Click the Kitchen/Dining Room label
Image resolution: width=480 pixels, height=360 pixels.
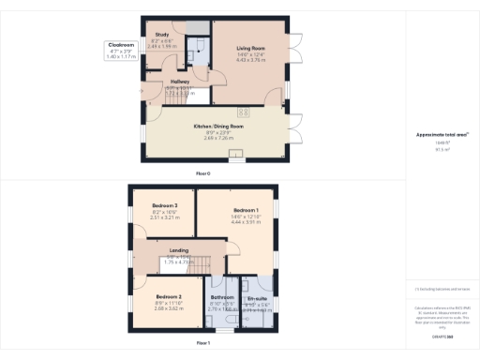pyautogui.click(x=217, y=126)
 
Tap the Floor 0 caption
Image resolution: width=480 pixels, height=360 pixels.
pyautogui.click(x=202, y=174)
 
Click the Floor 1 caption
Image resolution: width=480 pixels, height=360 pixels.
pyautogui.click(x=202, y=344)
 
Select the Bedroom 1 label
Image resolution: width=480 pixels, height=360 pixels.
pyautogui.click(x=246, y=209)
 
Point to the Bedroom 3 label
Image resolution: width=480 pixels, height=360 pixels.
pyautogui.click(x=163, y=205)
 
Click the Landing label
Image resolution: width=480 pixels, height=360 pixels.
pyautogui.click(x=178, y=250)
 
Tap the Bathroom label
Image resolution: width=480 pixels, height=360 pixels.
pyautogui.click(x=221, y=297)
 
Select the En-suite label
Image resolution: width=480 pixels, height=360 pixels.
pyautogui.click(x=256, y=297)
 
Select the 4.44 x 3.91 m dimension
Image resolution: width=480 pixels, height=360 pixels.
pyautogui.click(x=246, y=222)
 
